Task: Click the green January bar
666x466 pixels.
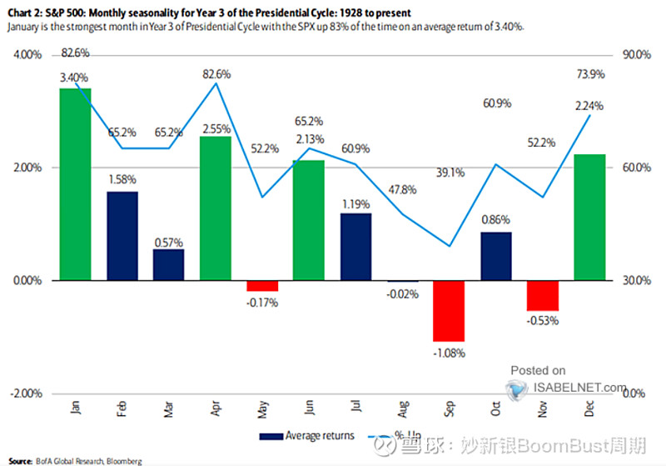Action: click(x=75, y=184)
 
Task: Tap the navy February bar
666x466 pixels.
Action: click(x=122, y=236)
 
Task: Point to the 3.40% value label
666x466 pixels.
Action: click(x=74, y=77)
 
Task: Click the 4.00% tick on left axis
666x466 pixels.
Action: click(x=29, y=55)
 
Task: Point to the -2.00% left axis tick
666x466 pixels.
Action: click(x=27, y=393)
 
